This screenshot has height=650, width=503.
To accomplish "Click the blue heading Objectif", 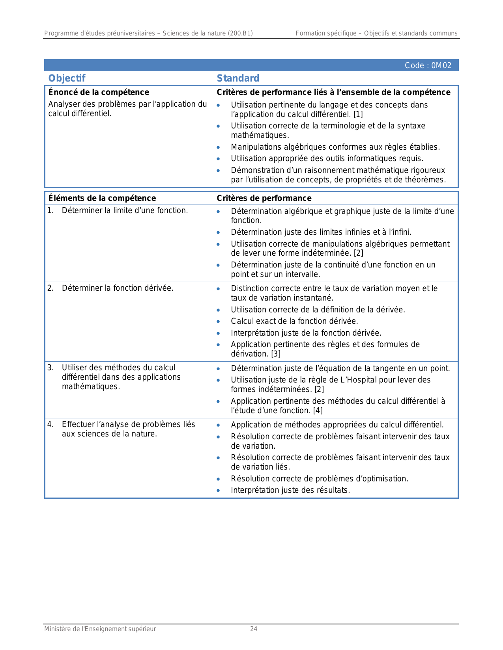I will coord(67,78).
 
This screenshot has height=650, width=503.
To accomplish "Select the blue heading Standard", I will coord(238,78).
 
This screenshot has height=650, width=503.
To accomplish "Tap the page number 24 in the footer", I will coord(254,629).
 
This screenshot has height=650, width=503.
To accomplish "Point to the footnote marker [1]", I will coord(358,115).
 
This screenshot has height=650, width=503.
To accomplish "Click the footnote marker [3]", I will coord(276,354).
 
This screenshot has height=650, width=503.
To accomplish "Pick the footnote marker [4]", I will coord(318,410).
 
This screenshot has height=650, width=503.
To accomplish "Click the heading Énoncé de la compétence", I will coord(99,92).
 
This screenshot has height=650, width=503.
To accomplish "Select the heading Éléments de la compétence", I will coord(102,198).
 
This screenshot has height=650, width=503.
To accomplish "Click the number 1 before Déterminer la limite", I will coord(50,211).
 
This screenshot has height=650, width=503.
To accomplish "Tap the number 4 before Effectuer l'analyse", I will coord(50,425).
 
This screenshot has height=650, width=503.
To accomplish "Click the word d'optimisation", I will coord(381,479).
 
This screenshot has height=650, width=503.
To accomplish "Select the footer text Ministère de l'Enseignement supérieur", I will coord(100,629).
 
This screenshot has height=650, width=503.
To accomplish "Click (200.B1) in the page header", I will coord(240,33).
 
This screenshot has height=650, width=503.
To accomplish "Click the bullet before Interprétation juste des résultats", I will coord(218,491).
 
